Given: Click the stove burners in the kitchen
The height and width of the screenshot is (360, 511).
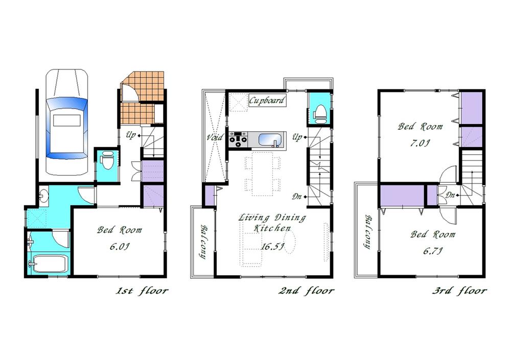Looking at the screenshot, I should pyautogui.click(x=239, y=139).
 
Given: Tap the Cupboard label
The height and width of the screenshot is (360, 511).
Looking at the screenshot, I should pyautogui.click(x=267, y=100).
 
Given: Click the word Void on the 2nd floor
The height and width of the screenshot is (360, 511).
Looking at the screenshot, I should pyautogui.click(x=214, y=137).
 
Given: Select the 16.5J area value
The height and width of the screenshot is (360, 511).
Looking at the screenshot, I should pyautogui.click(x=271, y=246).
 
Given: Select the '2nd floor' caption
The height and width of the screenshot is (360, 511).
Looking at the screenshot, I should pyautogui.click(x=306, y=291).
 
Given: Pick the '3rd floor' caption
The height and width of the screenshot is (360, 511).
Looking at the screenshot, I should pyautogui.click(x=459, y=291).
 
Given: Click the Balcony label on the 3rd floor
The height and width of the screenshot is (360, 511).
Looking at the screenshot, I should pyautogui.click(x=367, y=232).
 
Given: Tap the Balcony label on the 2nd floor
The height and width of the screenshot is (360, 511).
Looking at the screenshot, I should pyautogui.click(x=202, y=241).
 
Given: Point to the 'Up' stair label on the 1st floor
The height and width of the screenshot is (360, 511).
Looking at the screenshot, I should pyautogui.click(x=131, y=136).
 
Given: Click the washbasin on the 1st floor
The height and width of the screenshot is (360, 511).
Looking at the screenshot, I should pyautogui.click(x=44, y=195).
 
